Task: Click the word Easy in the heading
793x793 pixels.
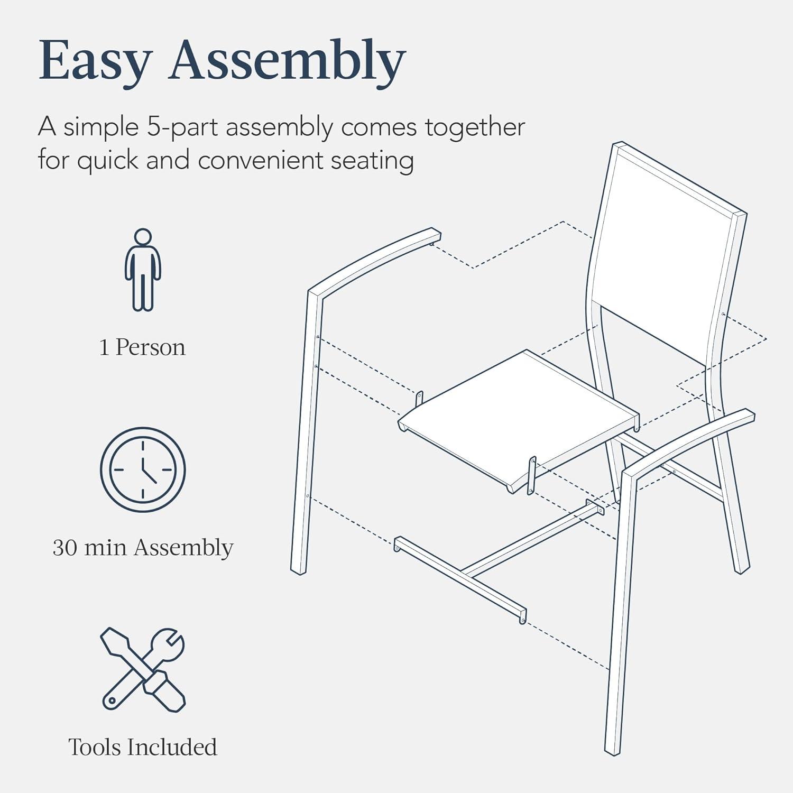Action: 96,62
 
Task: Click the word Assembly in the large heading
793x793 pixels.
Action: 287,62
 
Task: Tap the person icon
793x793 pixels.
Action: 143,270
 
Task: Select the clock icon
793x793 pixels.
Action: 143,469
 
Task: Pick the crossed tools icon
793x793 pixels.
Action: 143,669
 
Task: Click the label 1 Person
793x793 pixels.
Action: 143,347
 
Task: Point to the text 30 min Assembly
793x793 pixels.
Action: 143,547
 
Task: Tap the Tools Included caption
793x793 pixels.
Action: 143,747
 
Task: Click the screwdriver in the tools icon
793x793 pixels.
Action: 143,669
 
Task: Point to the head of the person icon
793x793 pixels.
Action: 143,237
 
